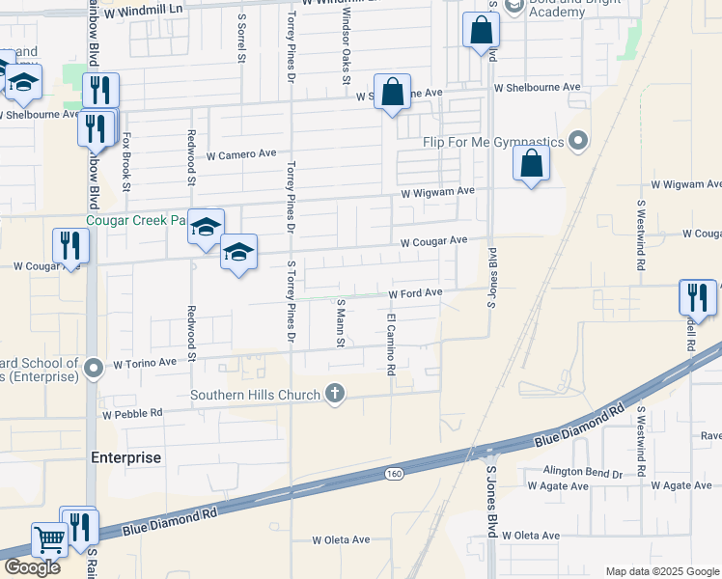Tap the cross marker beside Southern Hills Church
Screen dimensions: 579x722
click(x=335, y=393)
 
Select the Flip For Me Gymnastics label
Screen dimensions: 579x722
click(x=493, y=142)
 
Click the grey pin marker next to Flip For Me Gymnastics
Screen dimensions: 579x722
click(x=578, y=142)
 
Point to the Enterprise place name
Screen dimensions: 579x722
click(x=125, y=457)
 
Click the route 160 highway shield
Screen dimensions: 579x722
click(x=394, y=473)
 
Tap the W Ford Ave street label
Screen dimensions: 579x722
click(x=415, y=292)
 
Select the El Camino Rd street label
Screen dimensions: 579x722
click(x=392, y=344)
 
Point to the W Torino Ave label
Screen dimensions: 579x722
click(x=145, y=364)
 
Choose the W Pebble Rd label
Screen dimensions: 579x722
click(x=132, y=412)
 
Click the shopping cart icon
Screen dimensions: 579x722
click(x=48, y=538)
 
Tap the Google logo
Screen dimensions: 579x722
click(x=31, y=567)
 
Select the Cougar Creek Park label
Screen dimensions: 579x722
click(x=135, y=220)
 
